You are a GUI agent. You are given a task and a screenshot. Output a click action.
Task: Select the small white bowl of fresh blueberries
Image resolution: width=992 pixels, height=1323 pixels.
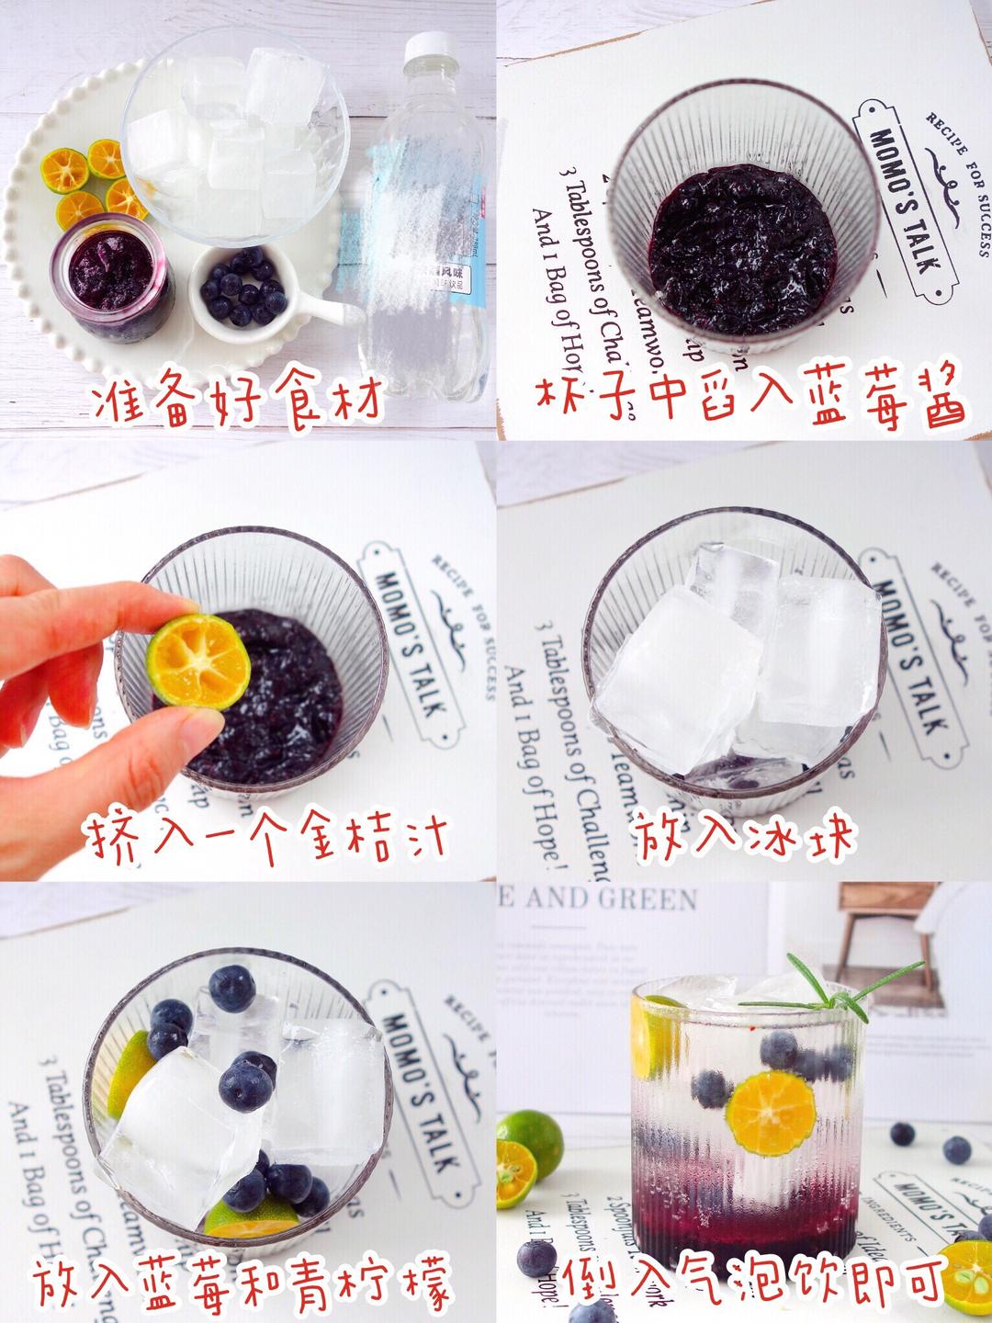click(245, 288)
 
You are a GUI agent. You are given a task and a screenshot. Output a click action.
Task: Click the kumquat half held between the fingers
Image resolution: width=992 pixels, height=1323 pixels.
click(196, 661)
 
